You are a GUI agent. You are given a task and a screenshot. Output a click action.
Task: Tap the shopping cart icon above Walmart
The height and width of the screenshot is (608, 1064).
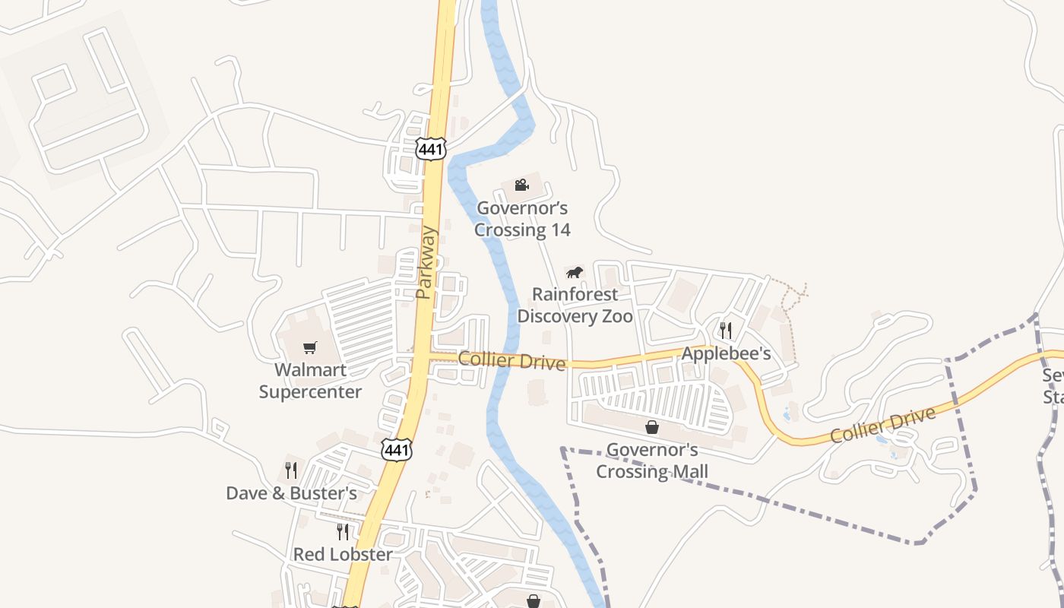309,348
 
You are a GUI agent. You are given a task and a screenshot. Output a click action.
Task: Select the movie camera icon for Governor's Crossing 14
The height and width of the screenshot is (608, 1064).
521,185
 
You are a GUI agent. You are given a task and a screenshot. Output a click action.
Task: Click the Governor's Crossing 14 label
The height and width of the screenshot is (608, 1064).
522,219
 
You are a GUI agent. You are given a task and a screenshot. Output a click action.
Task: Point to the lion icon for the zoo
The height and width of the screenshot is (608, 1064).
575,272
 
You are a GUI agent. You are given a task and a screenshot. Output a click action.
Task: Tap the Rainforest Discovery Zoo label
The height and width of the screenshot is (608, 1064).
575,306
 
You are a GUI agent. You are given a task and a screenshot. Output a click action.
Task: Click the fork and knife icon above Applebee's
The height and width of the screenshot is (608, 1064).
726,330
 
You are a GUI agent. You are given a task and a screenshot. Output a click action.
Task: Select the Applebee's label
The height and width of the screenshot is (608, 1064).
726,353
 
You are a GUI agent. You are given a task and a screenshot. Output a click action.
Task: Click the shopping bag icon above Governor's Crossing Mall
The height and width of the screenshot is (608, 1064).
651,427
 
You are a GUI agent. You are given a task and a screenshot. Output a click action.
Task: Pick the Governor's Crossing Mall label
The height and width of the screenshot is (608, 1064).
651,461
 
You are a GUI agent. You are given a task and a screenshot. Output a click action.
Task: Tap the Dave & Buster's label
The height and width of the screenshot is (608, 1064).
291,493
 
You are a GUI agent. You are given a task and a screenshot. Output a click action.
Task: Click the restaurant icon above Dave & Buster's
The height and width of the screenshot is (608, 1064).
291,470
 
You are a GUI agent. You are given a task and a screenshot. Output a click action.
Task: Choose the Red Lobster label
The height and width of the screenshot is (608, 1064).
343,555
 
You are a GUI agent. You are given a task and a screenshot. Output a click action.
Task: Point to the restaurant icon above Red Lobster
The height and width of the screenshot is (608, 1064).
343,531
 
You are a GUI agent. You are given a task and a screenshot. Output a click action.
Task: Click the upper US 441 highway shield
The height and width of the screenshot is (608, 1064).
430,148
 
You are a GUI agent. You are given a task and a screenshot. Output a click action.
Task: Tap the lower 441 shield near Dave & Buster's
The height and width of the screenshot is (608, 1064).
397,449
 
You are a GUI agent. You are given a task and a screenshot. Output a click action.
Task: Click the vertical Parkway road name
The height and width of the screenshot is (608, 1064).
426,262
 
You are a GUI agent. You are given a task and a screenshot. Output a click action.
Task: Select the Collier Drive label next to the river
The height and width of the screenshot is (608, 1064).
511,360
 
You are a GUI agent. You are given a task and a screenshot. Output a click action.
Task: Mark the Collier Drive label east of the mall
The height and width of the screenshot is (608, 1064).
882,426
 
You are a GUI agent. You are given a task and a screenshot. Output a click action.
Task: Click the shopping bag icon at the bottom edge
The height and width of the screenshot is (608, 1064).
534,601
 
